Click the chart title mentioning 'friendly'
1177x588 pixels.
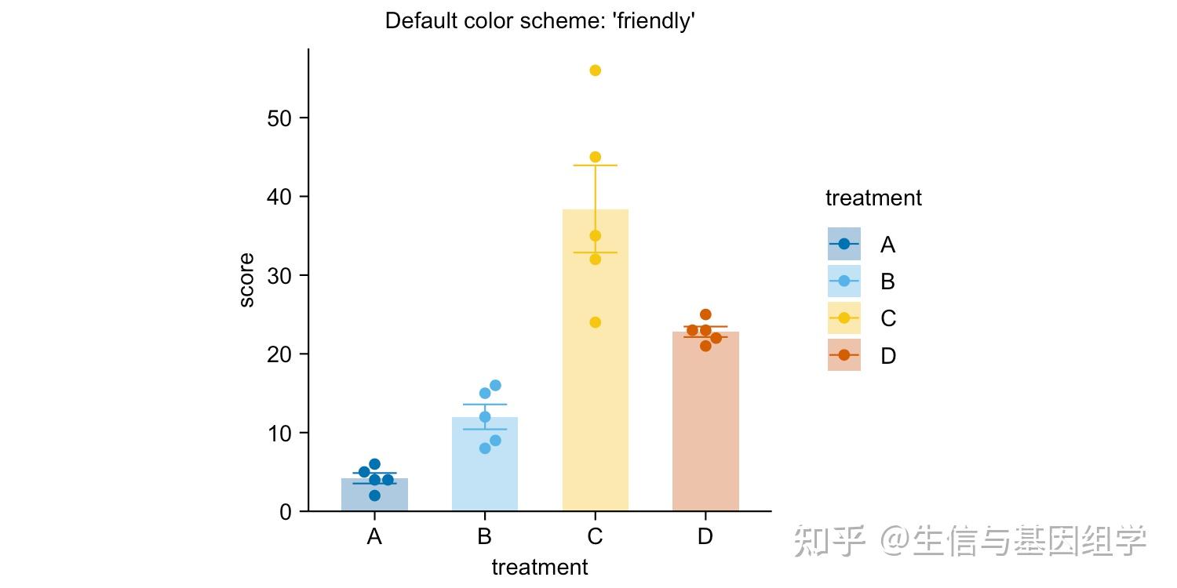(540, 21)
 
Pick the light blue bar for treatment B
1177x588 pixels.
(485, 470)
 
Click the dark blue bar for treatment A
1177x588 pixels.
(374, 499)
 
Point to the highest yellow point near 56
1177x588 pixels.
(595, 71)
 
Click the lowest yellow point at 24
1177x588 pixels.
(595, 322)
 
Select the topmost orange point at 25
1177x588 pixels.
(705, 314)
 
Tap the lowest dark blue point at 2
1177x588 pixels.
(374, 495)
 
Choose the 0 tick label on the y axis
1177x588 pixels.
(285, 512)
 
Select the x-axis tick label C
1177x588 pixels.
(595, 537)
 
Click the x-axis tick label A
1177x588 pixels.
(374, 537)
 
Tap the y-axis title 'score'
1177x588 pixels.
(246, 280)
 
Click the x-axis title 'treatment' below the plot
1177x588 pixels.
(540, 567)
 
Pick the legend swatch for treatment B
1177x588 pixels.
(844, 281)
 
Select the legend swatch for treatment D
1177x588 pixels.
(844, 355)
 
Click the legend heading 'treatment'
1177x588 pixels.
(873, 198)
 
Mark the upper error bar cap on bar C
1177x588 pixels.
(595, 165)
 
